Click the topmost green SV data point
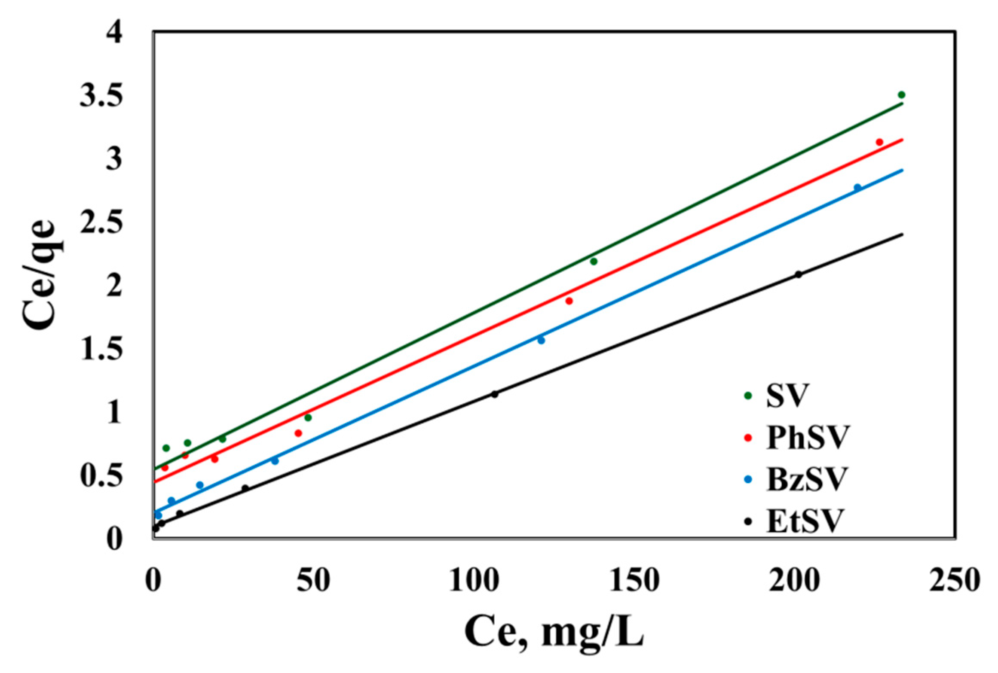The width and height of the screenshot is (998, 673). tap(902, 95)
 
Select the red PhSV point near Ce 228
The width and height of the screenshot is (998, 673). tap(879, 142)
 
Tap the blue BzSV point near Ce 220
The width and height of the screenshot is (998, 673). tap(857, 188)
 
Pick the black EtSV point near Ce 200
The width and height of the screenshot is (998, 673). tap(799, 274)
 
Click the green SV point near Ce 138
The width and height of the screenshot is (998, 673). tap(594, 262)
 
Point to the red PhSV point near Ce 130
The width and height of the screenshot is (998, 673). tap(569, 301)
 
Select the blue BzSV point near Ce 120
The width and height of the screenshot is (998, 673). tap(541, 341)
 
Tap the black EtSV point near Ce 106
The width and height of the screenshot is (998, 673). tap(495, 394)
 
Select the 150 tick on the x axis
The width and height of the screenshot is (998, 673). tap(635, 581)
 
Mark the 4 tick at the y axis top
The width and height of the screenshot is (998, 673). tap(114, 33)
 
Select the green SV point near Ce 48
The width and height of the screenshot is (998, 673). tap(308, 418)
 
